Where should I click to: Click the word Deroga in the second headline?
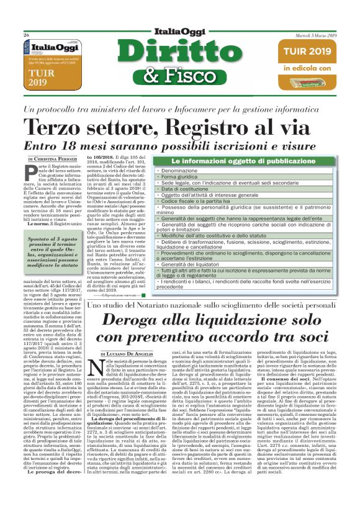pyautogui.click(x=138, y=320)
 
